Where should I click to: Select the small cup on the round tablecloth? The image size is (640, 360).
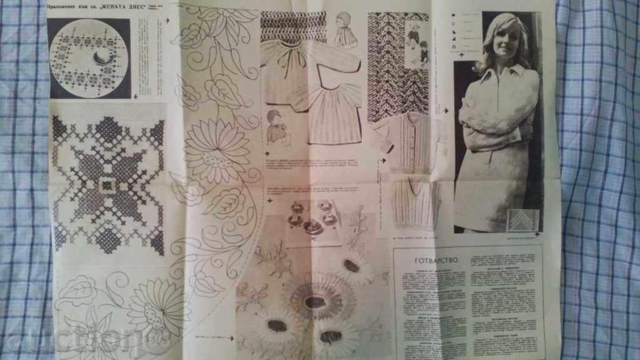pyautogui.click(x=101, y=59)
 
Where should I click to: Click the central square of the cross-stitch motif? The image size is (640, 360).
pyautogui.click(x=107, y=185)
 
